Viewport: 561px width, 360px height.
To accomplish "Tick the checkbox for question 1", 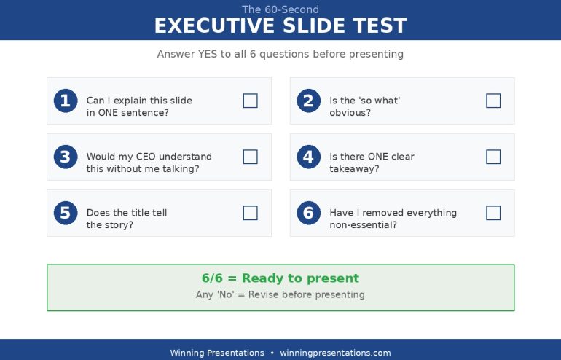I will (x=250, y=101).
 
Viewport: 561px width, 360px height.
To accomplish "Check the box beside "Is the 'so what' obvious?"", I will (x=493, y=101).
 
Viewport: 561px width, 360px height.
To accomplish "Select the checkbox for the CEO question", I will (x=250, y=157).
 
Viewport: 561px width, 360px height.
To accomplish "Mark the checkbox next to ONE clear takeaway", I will (x=493, y=157).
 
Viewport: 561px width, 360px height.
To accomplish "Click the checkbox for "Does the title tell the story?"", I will (x=250, y=213).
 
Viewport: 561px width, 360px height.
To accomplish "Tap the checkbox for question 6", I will (x=493, y=213).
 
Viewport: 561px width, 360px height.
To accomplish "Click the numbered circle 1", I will (x=66, y=101).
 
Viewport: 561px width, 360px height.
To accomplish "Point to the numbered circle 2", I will (x=308, y=101).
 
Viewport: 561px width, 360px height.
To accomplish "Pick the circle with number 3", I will (x=66, y=157).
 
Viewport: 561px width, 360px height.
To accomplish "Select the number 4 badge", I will (x=308, y=157).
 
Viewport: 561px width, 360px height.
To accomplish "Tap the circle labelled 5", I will (x=66, y=213).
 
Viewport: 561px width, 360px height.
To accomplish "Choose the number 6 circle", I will (x=308, y=213).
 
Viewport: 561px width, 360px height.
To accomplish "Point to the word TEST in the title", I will (x=380, y=26).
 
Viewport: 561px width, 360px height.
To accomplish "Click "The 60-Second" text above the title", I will (x=280, y=9).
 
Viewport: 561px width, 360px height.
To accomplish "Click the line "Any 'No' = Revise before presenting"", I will (x=280, y=295).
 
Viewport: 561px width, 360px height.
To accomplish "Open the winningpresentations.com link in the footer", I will (x=335, y=353).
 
